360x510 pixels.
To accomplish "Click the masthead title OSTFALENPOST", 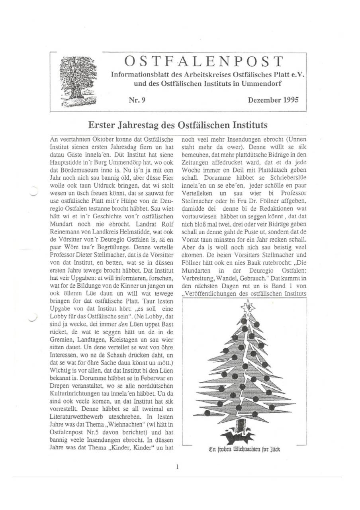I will [203, 62].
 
